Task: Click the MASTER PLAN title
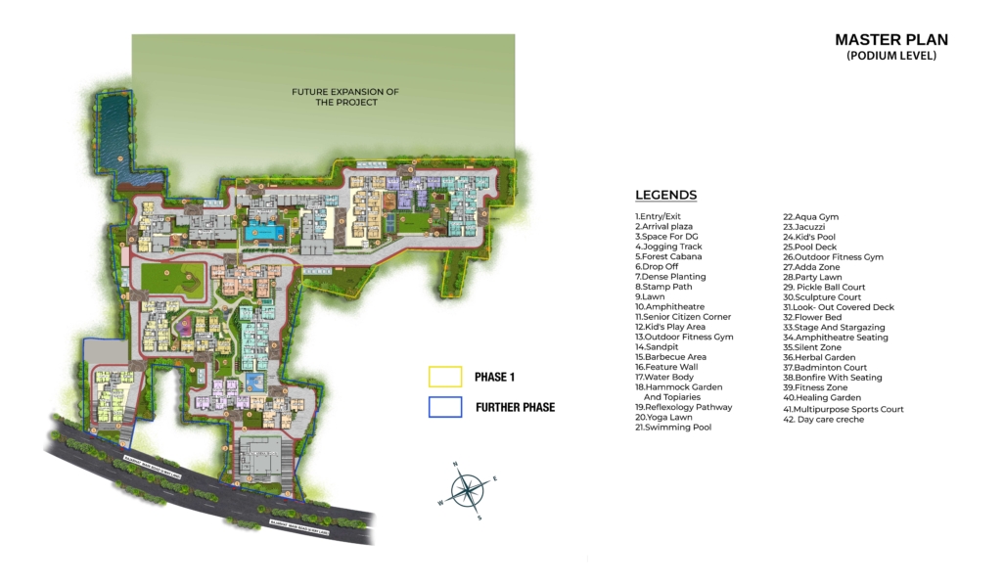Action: [x=890, y=40]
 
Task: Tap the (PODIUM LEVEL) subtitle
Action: [x=890, y=57]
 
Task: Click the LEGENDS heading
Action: [x=665, y=195]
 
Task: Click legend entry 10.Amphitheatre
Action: [x=669, y=307]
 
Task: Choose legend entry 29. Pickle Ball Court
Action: [x=824, y=288]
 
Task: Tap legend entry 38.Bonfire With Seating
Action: [x=832, y=378]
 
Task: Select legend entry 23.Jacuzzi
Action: [x=803, y=227]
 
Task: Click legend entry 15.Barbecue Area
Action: [x=670, y=357]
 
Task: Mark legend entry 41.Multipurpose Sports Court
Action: [x=843, y=409]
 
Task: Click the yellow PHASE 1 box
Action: [x=445, y=377]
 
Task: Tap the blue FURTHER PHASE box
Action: [x=445, y=407]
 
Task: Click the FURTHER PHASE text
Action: [x=515, y=407]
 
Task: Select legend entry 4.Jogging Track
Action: [x=668, y=247]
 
